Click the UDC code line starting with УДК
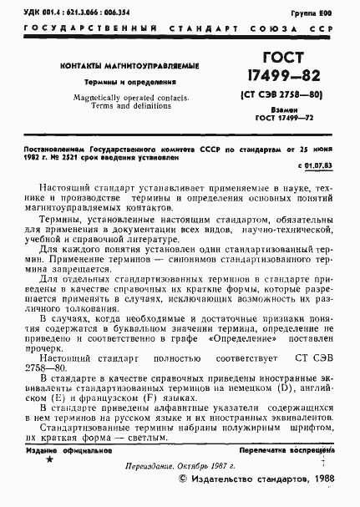click(x=74, y=14)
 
